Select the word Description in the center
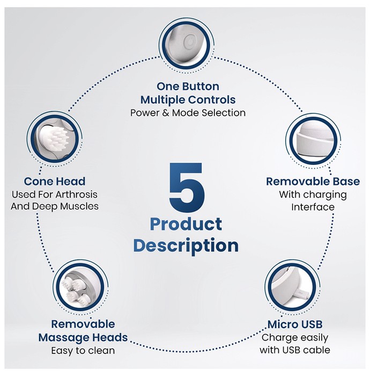point(186,246)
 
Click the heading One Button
point(188,86)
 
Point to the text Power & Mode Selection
point(188,113)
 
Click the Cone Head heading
point(55,182)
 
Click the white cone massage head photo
point(55,138)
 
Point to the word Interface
point(313,207)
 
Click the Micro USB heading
point(295,324)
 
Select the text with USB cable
point(295,350)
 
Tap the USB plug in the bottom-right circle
point(302,293)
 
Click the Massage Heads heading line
point(83,338)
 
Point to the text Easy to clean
point(83,351)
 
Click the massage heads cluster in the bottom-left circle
point(76,290)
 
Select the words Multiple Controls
point(188,100)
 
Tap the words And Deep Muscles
point(55,206)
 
